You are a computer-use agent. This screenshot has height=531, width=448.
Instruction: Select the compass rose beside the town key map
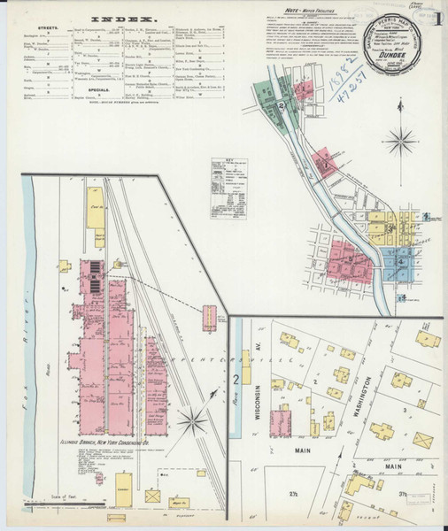coord(403,141)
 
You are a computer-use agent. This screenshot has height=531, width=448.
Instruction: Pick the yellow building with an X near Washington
coord(382,431)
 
